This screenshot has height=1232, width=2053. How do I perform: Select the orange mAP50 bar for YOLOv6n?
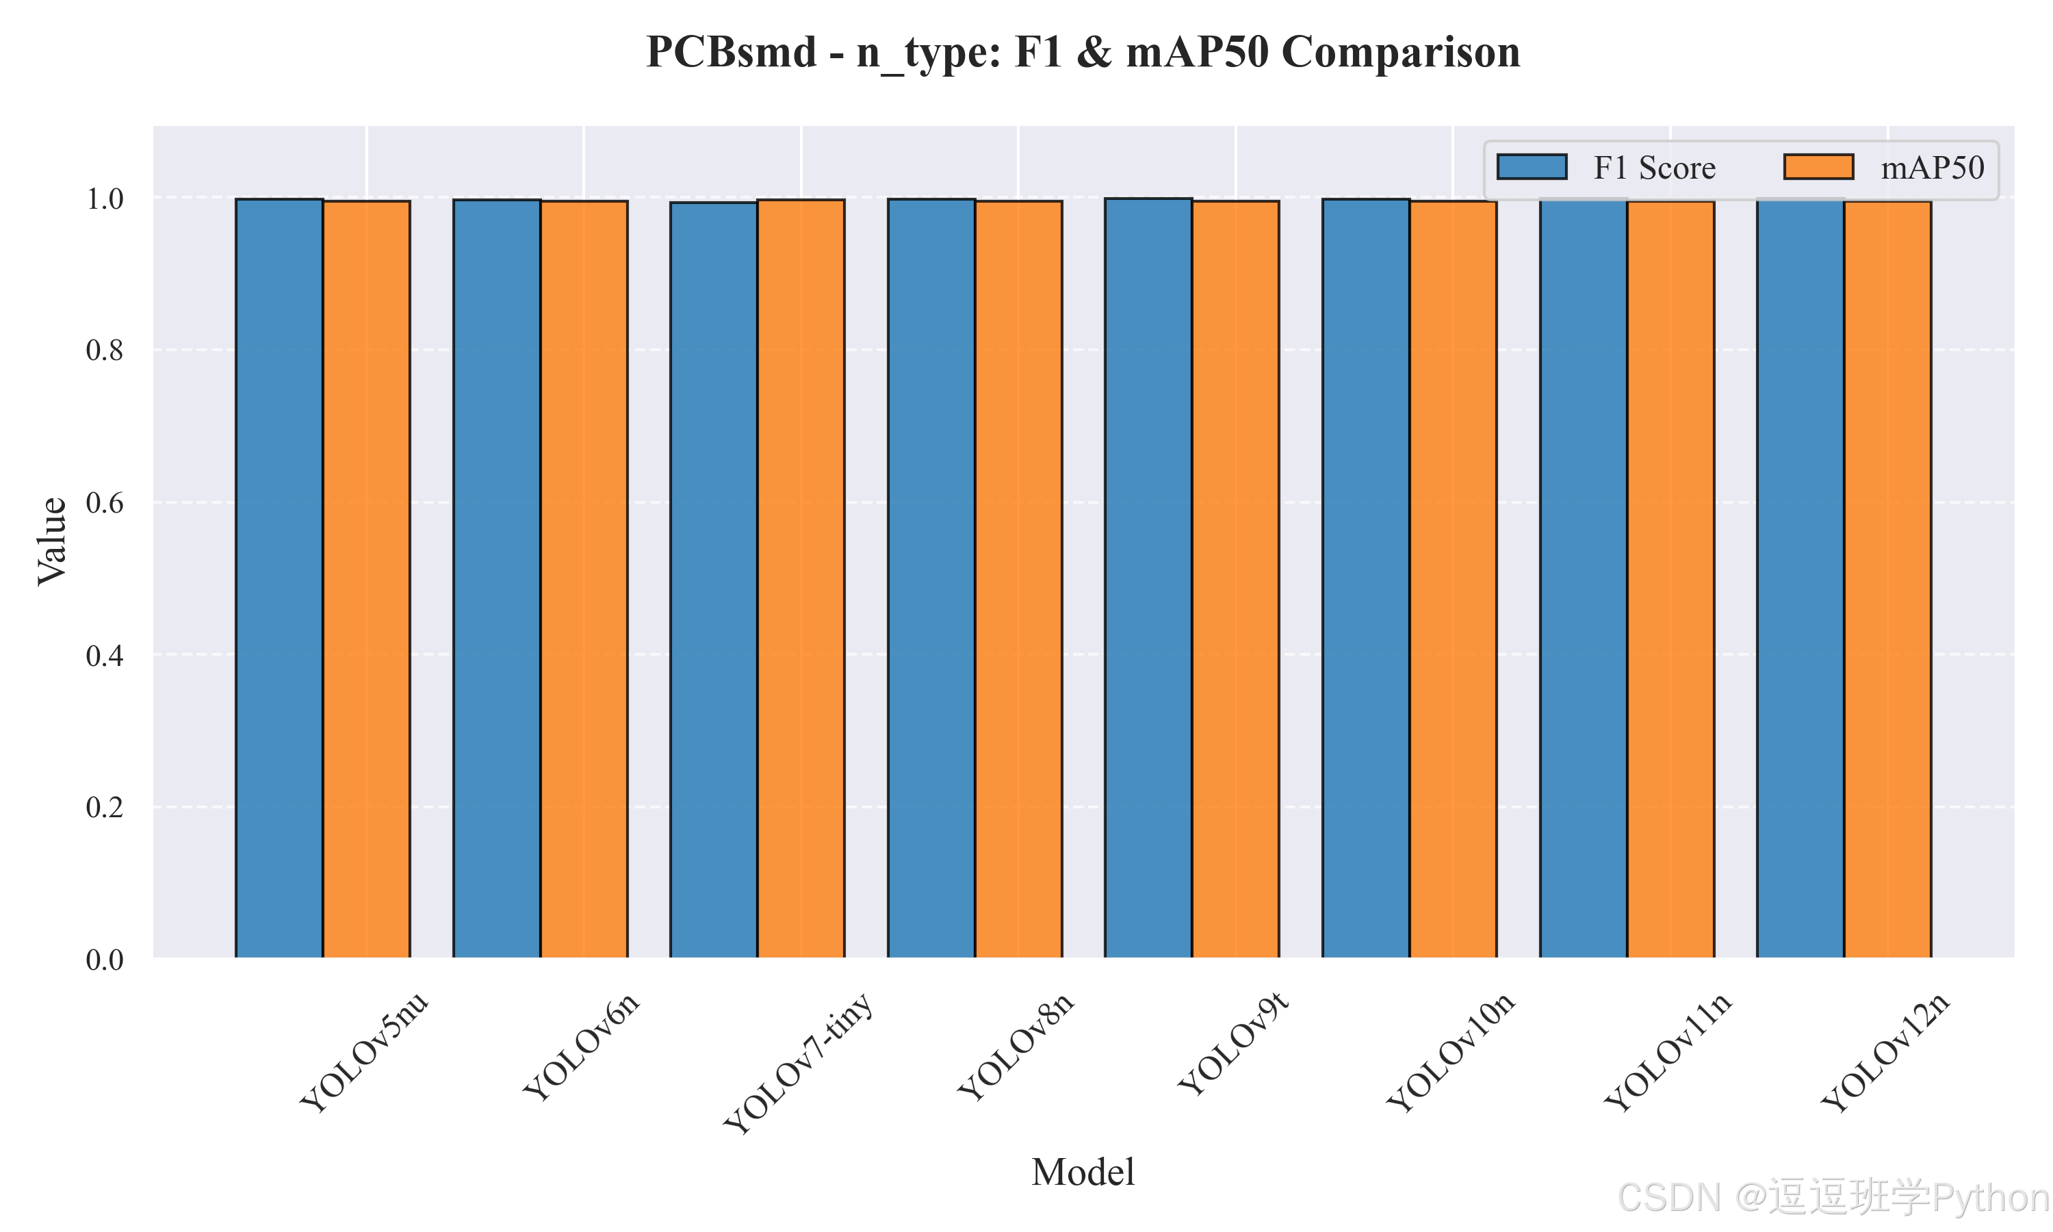(584, 580)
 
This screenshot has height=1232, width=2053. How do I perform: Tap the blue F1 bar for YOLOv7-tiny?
(714, 580)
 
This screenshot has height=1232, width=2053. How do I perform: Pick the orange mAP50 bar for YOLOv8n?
(1019, 580)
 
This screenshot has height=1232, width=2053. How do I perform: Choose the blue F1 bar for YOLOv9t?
(1148, 578)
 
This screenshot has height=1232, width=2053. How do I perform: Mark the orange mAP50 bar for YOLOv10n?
(1454, 580)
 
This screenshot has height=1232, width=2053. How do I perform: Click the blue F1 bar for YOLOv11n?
(1584, 578)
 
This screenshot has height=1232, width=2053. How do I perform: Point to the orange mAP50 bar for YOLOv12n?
(1888, 580)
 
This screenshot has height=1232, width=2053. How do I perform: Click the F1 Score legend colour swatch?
(1532, 167)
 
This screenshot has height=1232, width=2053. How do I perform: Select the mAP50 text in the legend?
(1933, 168)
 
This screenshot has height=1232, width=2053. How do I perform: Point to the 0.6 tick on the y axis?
(105, 502)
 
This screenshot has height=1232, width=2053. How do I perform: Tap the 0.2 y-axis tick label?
(105, 807)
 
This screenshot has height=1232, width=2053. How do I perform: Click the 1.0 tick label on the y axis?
(105, 198)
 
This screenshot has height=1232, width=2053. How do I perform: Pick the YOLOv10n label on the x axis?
(1451, 1052)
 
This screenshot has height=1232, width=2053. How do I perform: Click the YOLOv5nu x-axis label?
(364, 1052)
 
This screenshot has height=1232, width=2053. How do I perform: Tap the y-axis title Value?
(51, 541)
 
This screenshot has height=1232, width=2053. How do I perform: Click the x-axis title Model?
(1083, 1172)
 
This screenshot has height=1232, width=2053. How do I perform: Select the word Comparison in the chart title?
(1401, 52)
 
